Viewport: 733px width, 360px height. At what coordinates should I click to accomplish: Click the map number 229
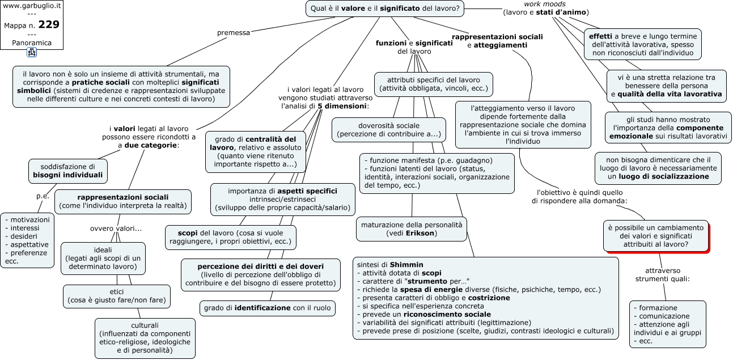[x=49, y=24]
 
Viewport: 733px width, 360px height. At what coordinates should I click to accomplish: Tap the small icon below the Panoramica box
[x=32, y=52]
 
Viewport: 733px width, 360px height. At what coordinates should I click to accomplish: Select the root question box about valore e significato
[x=385, y=9]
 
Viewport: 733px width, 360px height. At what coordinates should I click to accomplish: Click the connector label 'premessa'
[x=234, y=33]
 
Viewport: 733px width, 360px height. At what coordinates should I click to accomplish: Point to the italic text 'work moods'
[x=545, y=4]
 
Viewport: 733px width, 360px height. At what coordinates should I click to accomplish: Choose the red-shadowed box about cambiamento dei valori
[x=656, y=236]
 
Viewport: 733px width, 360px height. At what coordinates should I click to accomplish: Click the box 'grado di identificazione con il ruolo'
[x=268, y=308]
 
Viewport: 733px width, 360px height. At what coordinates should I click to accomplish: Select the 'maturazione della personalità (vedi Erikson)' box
[x=412, y=229]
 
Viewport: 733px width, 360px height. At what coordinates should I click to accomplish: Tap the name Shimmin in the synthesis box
[x=406, y=265]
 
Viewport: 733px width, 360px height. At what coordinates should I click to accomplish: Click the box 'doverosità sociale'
[x=389, y=130]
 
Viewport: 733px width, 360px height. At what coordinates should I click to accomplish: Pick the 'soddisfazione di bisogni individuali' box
[x=67, y=171]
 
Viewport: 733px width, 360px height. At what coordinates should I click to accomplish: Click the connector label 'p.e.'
[x=43, y=196]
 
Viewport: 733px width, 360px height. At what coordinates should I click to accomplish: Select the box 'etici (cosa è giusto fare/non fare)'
[x=116, y=296]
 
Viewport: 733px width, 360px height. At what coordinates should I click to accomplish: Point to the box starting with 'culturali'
[x=145, y=338]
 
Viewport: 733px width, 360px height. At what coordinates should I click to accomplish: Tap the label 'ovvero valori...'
[x=116, y=228]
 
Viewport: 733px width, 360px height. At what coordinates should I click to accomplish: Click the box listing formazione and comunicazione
[x=668, y=324]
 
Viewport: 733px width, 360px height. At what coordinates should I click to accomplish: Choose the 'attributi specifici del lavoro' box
[x=434, y=84]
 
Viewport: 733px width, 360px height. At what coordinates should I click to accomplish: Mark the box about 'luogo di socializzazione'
[x=658, y=168]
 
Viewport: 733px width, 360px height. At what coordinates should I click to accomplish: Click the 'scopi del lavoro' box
[x=231, y=238]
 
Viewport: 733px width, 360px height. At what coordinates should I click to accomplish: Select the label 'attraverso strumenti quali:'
[x=663, y=275]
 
